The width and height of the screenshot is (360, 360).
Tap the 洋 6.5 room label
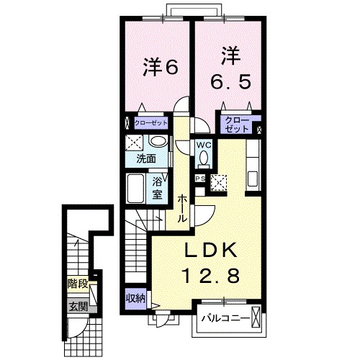pyautogui.click(x=230, y=68)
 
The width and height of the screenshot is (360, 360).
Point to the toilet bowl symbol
pyautogui.click(x=204, y=158)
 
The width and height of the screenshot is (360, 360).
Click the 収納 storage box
pyautogui.click(x=134, y=299)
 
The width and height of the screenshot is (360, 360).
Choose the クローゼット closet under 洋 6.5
pyautogui.click(x=235, y=125)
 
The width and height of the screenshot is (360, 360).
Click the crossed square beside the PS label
pyautogui.click(x=217, y=183)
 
